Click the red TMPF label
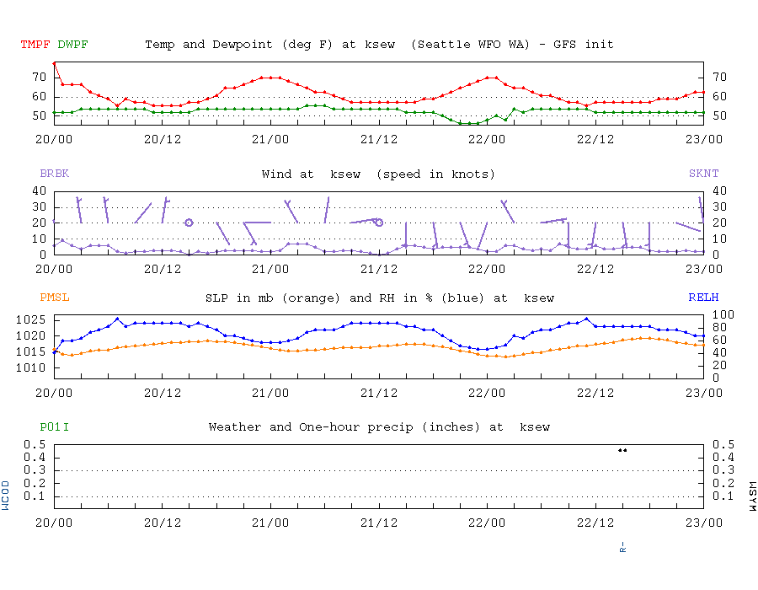[35, 44]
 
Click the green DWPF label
[73, 44]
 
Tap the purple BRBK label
[54, 174]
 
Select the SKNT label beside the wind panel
[703, 174]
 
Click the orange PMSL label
[54, 298]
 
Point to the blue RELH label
[703, 298]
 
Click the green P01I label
[54, 427]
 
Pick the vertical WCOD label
[7, 496]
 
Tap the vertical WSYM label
[751, 496]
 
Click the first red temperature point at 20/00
[55, 63]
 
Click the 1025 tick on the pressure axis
[33, 320]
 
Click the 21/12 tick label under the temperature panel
[379, 138]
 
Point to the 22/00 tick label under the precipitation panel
[487, 522]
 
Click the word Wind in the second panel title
[276, 174]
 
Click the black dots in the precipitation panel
[622, 450]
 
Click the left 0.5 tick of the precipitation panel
[36, 444]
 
